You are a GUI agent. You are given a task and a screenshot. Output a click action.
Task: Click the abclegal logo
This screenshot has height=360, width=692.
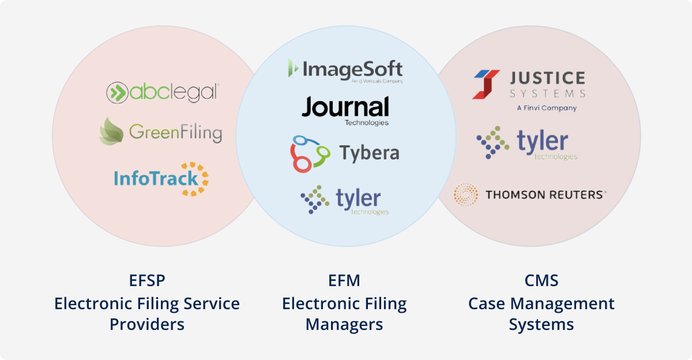click(163, 92)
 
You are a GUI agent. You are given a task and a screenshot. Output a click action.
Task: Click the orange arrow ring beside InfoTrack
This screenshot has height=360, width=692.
click(198, 178)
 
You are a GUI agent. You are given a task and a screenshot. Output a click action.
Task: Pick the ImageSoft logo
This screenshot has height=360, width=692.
click(345, 70)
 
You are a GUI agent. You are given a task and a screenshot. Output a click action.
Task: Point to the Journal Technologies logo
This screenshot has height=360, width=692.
click(345, 110)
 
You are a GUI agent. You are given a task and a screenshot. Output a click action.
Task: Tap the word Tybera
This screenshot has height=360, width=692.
click(369, 153)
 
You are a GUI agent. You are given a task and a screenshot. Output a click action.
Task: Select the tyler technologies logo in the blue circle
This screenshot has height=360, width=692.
click(345, 200)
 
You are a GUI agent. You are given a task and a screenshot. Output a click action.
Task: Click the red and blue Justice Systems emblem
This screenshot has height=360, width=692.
click(486, 84)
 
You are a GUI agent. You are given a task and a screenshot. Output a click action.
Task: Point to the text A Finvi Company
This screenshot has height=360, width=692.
click(546, 108)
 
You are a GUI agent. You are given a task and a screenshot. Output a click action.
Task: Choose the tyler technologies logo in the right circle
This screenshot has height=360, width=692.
click(526, 143)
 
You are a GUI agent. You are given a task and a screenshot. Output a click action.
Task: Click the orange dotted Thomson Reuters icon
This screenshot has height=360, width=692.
click(466, 195)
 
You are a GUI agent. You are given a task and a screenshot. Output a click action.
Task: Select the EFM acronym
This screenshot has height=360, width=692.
click(344, 281)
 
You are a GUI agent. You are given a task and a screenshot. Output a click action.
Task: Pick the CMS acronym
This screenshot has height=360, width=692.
click(541, 281)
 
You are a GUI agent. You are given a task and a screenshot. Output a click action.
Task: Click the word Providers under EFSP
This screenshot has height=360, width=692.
click(146, 324)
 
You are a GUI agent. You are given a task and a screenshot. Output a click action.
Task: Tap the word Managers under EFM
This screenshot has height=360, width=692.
click(344, 324)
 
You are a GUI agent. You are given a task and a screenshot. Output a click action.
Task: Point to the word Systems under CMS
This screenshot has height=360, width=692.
click(541, 324)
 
